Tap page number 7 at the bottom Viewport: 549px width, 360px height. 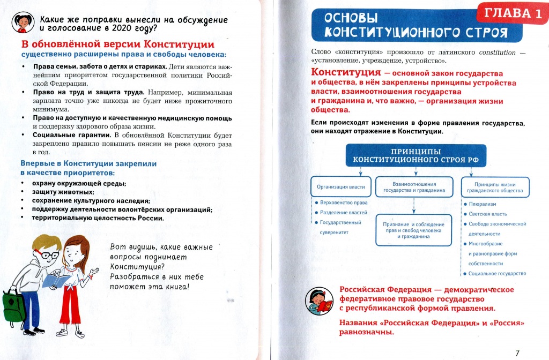[517, 352]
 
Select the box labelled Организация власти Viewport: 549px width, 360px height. [342, 186]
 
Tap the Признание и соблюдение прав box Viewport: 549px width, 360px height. [414, 230]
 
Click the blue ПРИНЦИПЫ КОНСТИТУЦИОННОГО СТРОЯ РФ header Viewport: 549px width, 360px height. [416, 155]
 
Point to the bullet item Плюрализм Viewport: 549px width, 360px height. [483, 204]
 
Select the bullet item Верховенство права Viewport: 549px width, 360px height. [343, 203]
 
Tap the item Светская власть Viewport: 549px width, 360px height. [488, 214]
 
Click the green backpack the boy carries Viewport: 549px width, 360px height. [13, 307]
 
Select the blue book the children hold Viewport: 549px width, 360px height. [56, 280]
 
